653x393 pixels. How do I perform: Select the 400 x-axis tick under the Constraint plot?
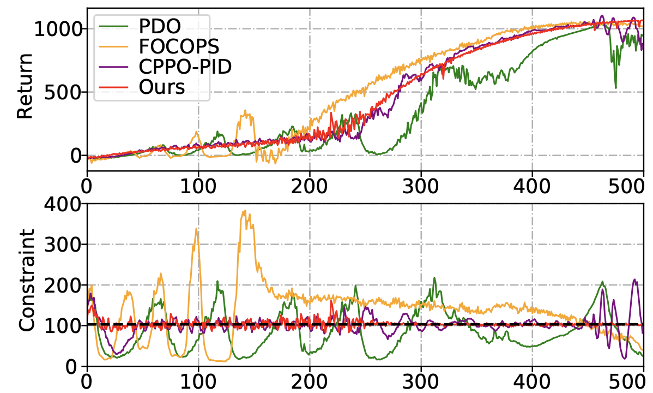tap(532, 378)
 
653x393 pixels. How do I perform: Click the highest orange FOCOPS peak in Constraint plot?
tap(245, 211)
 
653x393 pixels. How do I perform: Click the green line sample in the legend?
tap(112, 25)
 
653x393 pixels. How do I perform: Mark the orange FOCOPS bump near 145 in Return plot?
tap(246, 112)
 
